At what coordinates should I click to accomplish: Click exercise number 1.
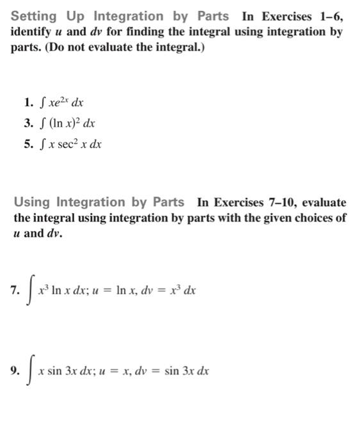click(28, 102)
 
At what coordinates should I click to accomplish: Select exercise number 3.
click(28, 123)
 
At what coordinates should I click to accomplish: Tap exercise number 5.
click(28, 144)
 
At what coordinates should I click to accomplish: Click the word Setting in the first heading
click(34, 16)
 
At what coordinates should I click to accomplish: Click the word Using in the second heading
click(32, 203)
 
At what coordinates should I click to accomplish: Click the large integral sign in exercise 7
click(29, 290)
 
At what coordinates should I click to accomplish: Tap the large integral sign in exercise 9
click(29, 371)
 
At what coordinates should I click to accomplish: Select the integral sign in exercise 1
click(42, 102)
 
